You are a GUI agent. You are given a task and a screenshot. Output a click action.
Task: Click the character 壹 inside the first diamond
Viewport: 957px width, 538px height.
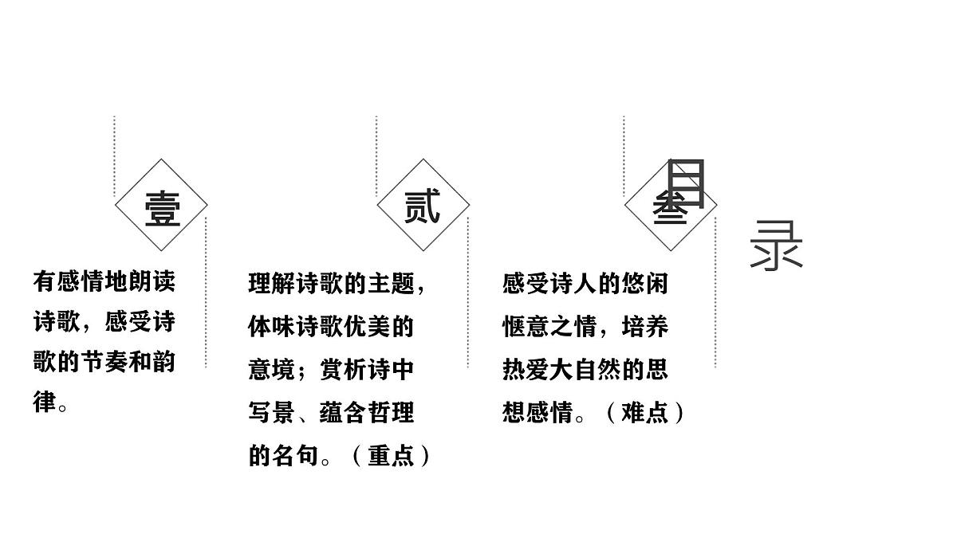[163, 209]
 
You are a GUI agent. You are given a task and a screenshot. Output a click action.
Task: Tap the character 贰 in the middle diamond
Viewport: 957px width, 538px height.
[422, 206]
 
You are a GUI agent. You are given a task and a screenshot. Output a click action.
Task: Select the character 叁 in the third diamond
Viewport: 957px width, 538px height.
[670, 208]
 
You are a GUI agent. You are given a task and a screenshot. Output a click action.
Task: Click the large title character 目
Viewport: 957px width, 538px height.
[686, 183]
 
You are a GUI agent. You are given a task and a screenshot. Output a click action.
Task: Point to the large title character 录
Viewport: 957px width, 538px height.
[776, 245]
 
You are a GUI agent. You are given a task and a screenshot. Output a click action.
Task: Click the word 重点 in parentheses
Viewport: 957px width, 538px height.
[391, 456]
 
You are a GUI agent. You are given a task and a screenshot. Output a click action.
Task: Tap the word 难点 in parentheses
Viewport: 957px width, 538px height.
[644, 413]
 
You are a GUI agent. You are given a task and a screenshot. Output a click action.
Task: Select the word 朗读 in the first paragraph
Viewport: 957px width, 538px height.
[152, 281]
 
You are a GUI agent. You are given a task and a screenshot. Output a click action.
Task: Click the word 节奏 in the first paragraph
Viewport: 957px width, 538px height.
[104, 362]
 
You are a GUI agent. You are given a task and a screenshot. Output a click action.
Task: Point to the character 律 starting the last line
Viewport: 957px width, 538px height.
[45, 402]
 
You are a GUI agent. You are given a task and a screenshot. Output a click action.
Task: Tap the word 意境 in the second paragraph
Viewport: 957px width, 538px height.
[272, 369]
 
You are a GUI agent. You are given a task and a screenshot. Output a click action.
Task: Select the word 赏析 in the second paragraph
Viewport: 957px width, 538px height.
[343, 369]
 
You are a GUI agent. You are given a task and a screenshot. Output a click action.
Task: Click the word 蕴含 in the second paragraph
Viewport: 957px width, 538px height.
[343, 413]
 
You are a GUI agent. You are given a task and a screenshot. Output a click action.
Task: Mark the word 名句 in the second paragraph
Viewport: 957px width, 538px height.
[296, 456]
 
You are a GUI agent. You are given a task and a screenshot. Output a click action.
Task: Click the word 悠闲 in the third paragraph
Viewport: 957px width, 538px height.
[644, 284]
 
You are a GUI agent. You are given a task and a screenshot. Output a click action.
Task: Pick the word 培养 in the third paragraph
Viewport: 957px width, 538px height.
[644, 327]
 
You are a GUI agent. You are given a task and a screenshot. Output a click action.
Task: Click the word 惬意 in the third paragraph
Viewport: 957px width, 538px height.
[526, 327]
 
